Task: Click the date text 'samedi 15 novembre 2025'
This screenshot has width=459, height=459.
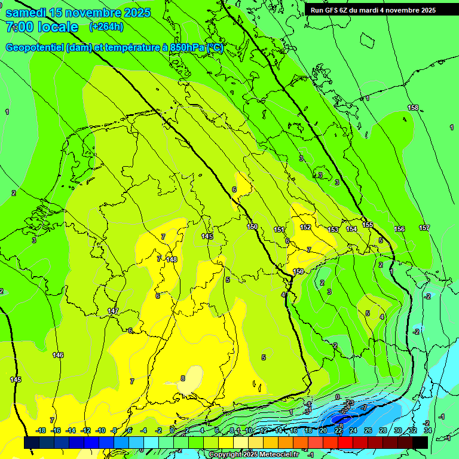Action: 78,13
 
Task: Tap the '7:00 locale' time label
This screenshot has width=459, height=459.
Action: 42,27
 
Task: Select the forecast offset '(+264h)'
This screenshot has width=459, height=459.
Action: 106,27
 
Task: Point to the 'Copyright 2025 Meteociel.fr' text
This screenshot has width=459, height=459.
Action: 253,455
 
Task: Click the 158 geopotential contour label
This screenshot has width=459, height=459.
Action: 413,108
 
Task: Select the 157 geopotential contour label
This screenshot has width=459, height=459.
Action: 424,228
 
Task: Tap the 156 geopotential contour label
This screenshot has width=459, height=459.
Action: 399,229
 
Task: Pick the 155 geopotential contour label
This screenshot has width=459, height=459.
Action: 368,225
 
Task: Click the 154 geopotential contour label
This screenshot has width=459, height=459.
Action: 351,229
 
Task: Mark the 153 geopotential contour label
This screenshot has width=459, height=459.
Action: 333,229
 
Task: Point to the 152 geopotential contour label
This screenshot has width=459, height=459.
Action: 305,227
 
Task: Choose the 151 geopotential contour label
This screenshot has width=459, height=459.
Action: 279,229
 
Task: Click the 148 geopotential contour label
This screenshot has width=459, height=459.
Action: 172,259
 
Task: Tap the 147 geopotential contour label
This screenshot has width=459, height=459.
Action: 113,311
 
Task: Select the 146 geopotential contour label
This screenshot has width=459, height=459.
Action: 58,356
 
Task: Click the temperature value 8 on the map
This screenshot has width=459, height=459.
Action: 183,378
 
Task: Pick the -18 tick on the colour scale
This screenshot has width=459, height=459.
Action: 41,430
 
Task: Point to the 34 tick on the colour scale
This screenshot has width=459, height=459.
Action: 427,430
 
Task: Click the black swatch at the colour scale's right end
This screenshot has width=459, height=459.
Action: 420,442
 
